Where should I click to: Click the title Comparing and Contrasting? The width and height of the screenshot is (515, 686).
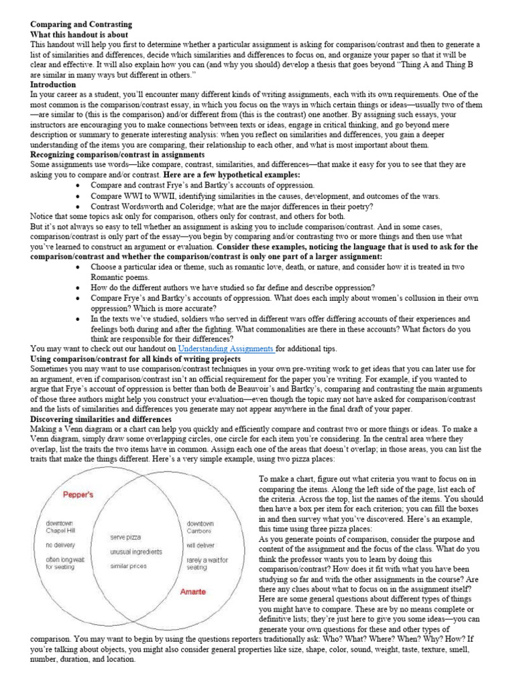click(x=81, y=24)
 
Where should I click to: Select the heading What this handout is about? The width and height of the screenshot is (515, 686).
click(x=79, y=34)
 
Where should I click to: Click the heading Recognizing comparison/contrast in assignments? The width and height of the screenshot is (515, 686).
click(x=118, y=155)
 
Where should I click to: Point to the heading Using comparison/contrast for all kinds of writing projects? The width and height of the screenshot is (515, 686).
click(x=135, y=359)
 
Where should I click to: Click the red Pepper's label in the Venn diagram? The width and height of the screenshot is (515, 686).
click(x=78, y=494)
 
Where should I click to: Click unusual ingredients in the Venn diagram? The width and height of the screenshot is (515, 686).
click(x=136, y=551)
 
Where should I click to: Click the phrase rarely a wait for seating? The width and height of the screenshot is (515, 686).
click(x=207, y=563)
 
